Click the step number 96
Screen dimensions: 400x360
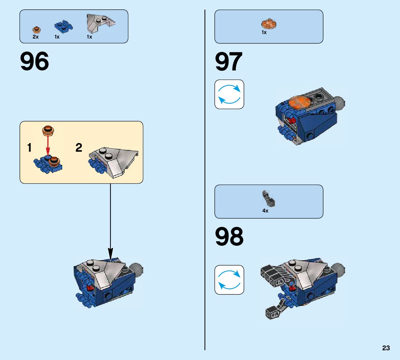34,62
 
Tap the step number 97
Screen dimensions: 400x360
228,62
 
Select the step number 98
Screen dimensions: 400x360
229,237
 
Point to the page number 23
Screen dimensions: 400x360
386,348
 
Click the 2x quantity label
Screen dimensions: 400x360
35,37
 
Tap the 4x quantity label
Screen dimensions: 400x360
265,211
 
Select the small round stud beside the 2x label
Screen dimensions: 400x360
36,30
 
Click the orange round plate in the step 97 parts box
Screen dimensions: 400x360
268,24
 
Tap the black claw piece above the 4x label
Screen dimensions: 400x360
268,198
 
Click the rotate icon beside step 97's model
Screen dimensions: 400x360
229,94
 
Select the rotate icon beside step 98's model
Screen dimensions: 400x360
229,279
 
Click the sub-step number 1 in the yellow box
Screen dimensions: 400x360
30,148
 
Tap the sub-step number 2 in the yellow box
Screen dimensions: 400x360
79,148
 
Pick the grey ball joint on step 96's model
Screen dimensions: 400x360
137,269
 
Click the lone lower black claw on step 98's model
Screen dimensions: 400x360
274,312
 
